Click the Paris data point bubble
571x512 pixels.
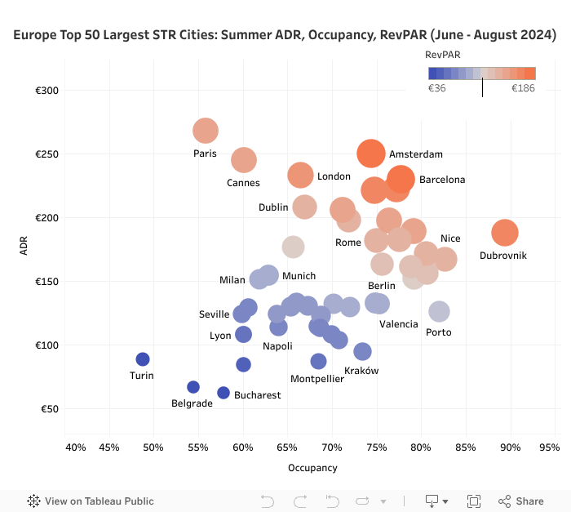coord(206,131)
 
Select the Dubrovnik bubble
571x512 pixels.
coord(505,233)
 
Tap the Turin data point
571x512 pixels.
coord(143,359)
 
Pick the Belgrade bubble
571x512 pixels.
coord(193,387)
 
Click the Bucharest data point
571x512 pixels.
coord(224,393)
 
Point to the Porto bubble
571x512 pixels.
coord(440,311)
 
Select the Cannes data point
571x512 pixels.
coord(244,160)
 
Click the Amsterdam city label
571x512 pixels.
coord(416,154)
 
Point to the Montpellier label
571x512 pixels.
coord(317,379)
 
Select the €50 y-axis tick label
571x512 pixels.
coord(50,409)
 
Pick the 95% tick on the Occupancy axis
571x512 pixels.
coord(550,447)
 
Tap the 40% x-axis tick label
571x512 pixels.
coord(75,447)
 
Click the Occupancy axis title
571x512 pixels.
coord(312,468)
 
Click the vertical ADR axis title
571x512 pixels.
coord(24,247)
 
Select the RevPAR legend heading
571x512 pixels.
coord(441,54)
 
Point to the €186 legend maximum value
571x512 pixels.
coord(523,88)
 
